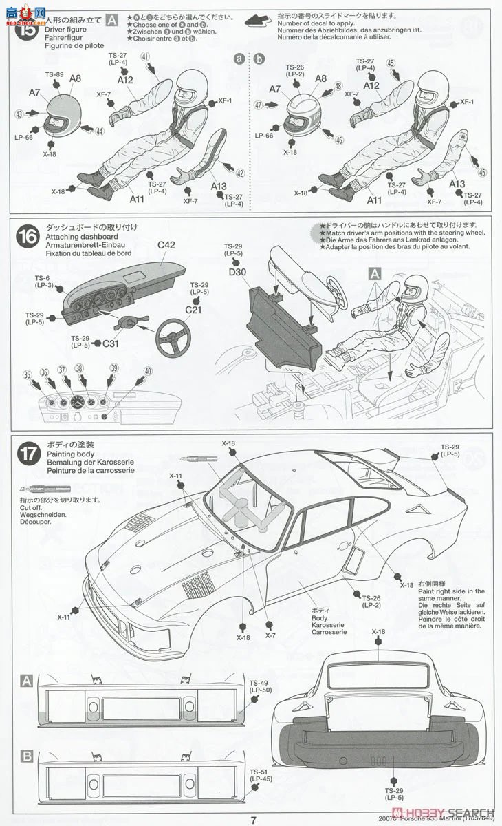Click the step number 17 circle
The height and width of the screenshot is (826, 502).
[28, 454]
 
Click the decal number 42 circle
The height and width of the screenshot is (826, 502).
[240, 173]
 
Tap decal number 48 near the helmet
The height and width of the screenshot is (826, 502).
[338, 86]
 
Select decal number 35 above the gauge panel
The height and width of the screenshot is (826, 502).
[27, 375]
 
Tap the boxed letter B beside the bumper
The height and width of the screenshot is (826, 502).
[27, 756]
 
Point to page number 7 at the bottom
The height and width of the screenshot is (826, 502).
[253, 819]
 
